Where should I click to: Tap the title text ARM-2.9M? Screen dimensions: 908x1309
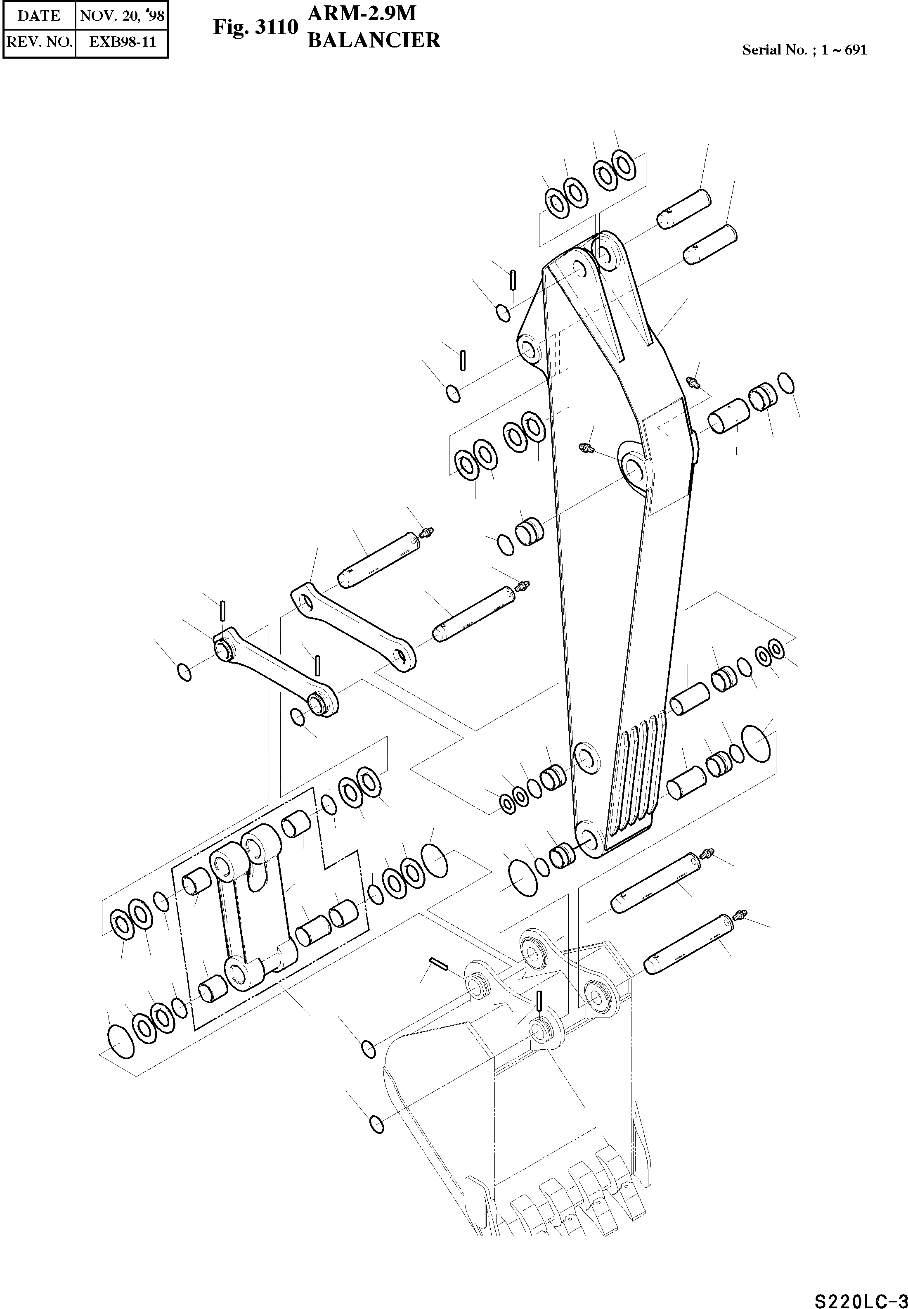click(362, 13)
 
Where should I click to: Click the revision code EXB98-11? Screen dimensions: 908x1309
click(122, 42)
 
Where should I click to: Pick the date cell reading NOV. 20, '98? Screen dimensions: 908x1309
click(122, 15)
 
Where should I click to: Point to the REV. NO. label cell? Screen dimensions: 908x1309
click(39, 42)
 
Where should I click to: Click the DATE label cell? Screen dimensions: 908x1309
click(39, 15)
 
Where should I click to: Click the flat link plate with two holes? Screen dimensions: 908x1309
click(353, 626)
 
